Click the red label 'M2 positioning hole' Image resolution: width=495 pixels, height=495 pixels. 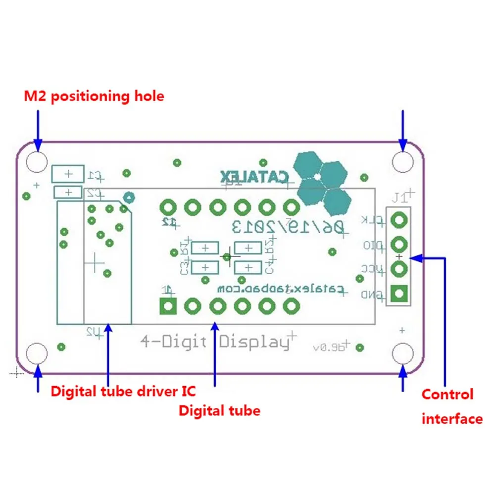click(x=94, y=96)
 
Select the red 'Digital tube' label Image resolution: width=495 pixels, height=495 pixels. click(x=219, y=410)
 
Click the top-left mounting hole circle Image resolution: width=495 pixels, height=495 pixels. click(x=37, y=161)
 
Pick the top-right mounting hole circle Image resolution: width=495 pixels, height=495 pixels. click(x=402, y=161)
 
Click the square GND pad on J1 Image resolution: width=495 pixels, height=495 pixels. click(x=399, y=294)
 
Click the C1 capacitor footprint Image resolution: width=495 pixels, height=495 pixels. click(x=68, y=174)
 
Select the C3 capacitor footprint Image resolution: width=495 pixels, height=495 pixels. click(x=205, y=267)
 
